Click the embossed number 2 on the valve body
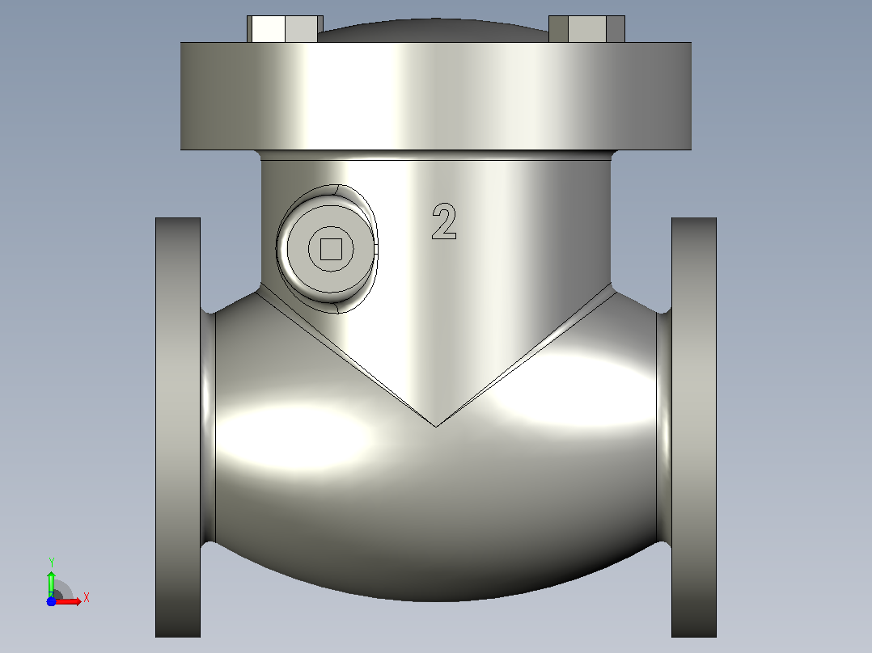click(x=444, y=221)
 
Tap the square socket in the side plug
click(x=331, y=249)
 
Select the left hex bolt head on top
click(x=285, y=29)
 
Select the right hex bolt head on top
click(x=586, y=29)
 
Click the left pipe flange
click(x=178, y=428)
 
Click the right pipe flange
click(x=694, y=428)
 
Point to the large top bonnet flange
click(x=436, y=95)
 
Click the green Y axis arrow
click(x=51, y=583)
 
